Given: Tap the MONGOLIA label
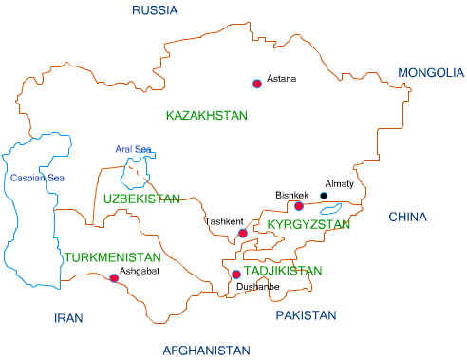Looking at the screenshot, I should [431, 73].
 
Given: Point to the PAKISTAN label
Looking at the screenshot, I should [307, 315].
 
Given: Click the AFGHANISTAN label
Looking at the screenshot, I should [206, 350].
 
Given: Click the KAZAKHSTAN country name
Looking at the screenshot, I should [206, 115].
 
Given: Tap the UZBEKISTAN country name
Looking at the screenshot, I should [141, 199].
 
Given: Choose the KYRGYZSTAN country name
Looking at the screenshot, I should [308, 225].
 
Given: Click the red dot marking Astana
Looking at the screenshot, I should [256, 84].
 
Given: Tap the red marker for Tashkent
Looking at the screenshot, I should [243, 233].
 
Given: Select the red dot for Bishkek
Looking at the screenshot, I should [299, 206].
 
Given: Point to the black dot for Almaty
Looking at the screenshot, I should [323, 196].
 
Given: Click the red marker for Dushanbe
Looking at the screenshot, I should [236, 275].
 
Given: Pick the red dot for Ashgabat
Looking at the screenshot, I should [114, 278].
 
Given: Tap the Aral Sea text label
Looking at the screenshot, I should [134, 149].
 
